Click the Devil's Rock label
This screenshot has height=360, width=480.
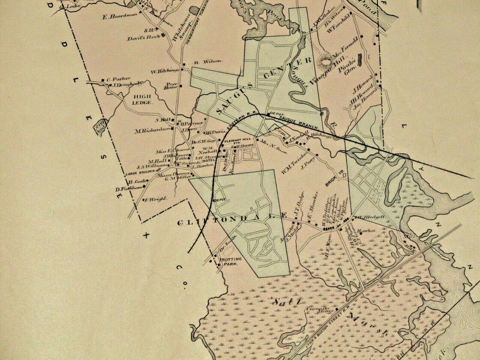[143, 38]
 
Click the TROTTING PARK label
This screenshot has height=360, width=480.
[229, 262]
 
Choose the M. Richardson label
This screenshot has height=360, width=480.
[150, 130]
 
